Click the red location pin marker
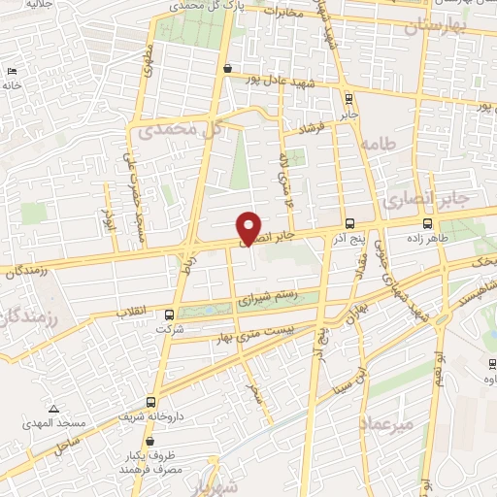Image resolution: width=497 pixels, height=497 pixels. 249,228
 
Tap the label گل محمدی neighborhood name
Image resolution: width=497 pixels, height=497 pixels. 181,128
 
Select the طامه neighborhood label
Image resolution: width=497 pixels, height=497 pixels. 378,143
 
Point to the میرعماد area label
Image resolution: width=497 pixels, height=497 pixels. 385,424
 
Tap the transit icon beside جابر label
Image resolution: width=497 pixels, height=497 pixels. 348,98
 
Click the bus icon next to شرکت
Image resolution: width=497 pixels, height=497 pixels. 170,315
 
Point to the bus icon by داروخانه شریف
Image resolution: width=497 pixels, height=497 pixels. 150,401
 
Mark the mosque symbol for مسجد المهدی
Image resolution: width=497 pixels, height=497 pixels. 53,409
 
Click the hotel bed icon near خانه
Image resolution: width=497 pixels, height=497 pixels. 12,71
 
